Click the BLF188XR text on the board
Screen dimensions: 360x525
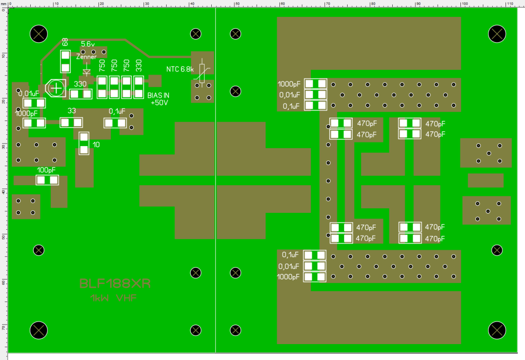click(x=114, y=284)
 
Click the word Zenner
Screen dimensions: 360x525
click(x=86, y=57)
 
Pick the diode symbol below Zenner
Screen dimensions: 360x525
click(x=87, y=72)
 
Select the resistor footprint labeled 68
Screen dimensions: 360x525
click(x=65, y=62)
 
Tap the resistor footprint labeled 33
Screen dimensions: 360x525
click(x=71, y=123)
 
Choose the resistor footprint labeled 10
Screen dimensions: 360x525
click(x=84, y=143)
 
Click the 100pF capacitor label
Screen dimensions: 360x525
click(x=47, y=170)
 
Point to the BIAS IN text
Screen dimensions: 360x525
click(x=158, y=96)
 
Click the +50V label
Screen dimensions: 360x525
click(x=159, y=103)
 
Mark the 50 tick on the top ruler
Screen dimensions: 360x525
click(x=237, y=4)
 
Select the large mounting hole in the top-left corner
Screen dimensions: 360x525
click(x=39, y=34)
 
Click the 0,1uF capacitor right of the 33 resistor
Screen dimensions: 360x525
click(x=115, y=123)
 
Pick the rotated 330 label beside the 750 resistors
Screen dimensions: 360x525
click(x=138, y=65)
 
